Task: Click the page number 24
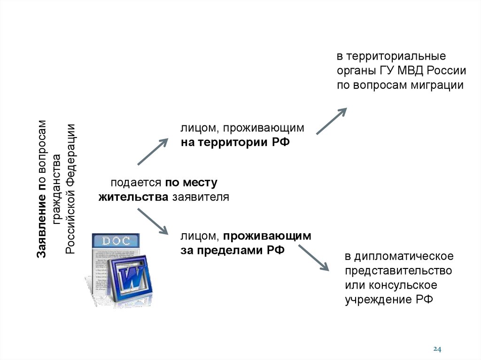[437, 349]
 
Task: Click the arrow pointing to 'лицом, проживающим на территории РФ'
[153, 152]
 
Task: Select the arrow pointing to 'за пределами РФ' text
[152, 221]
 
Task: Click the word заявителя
[200, 197]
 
